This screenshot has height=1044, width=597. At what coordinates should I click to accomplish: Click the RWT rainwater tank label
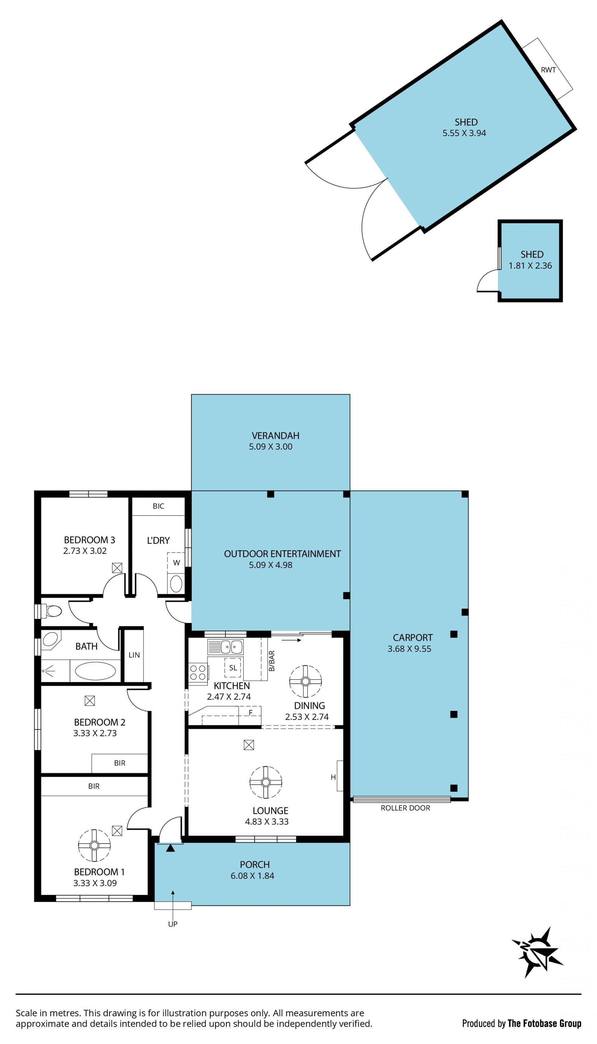click(548, 70)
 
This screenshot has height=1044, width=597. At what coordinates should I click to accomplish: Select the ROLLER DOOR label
click(405, 808)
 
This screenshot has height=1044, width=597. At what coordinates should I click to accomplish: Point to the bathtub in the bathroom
click(95, 671)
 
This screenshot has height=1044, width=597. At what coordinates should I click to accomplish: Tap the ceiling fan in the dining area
click(305, 681)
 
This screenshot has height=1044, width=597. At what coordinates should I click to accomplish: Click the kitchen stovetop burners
click(198, 672)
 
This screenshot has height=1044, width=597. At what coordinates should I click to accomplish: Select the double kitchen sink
click(225, 647)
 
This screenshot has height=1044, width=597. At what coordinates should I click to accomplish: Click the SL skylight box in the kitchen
click(233, 668)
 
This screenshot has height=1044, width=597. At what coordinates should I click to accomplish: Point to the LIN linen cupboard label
click(134, 655)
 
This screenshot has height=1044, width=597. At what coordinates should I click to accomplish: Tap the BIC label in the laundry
click(158, 506)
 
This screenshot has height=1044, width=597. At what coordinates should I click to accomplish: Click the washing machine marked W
click(176, 563)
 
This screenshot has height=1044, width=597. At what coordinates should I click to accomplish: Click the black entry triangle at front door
click(171, 848)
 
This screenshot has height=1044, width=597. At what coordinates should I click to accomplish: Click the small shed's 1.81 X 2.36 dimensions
click(530, 266)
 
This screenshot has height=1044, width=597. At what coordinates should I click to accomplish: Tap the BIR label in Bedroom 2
click(120, 763)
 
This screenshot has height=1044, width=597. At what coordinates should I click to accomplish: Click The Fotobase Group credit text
click(544, 1023)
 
